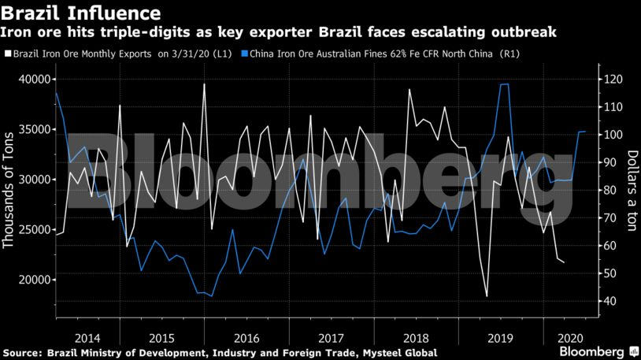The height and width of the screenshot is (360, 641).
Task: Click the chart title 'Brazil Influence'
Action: [82, 13]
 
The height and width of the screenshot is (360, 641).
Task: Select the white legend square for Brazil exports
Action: [7, 55]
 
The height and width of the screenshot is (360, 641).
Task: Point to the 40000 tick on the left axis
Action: [34, 79]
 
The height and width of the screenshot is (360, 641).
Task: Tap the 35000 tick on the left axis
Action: [34, 129]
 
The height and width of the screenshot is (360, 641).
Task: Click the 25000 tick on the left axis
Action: [34, 229]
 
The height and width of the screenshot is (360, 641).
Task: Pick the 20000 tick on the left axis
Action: [34, 280]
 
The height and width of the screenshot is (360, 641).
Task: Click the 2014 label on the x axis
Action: [86, 334]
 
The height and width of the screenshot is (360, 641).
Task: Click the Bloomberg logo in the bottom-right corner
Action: [598, 351]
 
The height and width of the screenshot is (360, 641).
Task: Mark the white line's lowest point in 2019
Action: [487, 296]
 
